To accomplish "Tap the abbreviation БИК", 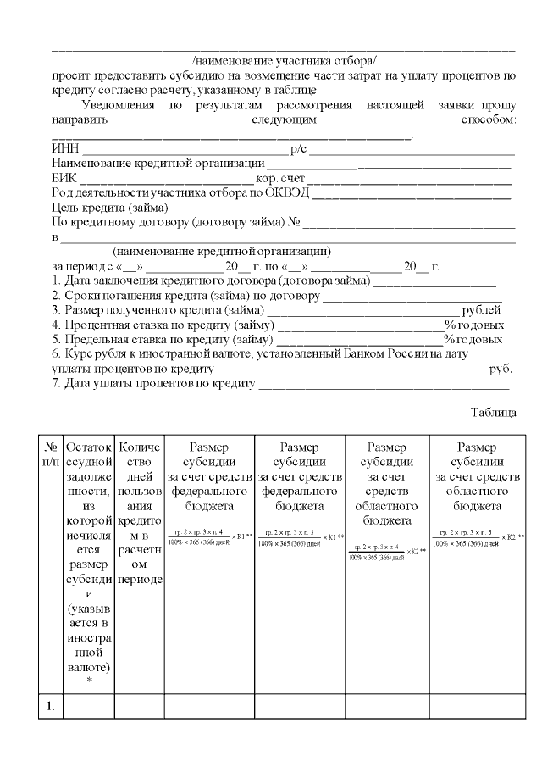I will (x=64, y=180).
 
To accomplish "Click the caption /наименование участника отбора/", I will (x=284, y=61).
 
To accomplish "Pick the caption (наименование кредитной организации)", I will (x=221, y=253).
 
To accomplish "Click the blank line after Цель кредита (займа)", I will (x=343, y=208).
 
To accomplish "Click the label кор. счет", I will (x=280, y=180).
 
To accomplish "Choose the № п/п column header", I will (x=51, y=453).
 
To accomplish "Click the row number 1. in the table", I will (x=51, y=705).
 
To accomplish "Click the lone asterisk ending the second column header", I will (x=89, y=680).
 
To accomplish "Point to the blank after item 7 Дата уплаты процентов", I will (x=385, y=383).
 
